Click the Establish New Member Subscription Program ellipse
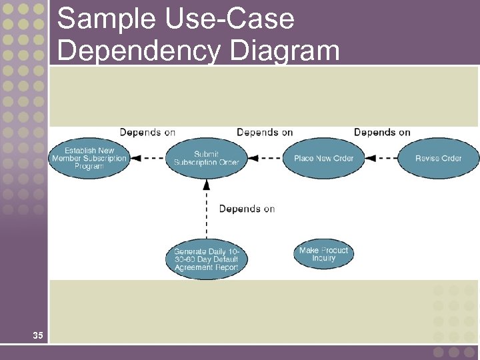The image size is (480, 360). coord(89,159)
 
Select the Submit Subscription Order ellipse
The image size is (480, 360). coord(206,159)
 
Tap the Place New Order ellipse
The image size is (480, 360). coord(323,158)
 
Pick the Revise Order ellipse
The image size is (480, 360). coord(438,158)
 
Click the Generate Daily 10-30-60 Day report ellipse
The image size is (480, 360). coord(206,259)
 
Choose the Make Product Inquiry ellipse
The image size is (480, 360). coord(323,254)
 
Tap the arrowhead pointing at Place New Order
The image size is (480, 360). coord(370,159)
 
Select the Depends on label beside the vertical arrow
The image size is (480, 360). coord(247,209)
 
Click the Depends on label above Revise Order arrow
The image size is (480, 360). coord(382,132)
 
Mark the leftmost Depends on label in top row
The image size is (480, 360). coord(147,132)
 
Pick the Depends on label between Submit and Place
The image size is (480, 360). coord(265,132)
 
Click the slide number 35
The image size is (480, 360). coord(38,335)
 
